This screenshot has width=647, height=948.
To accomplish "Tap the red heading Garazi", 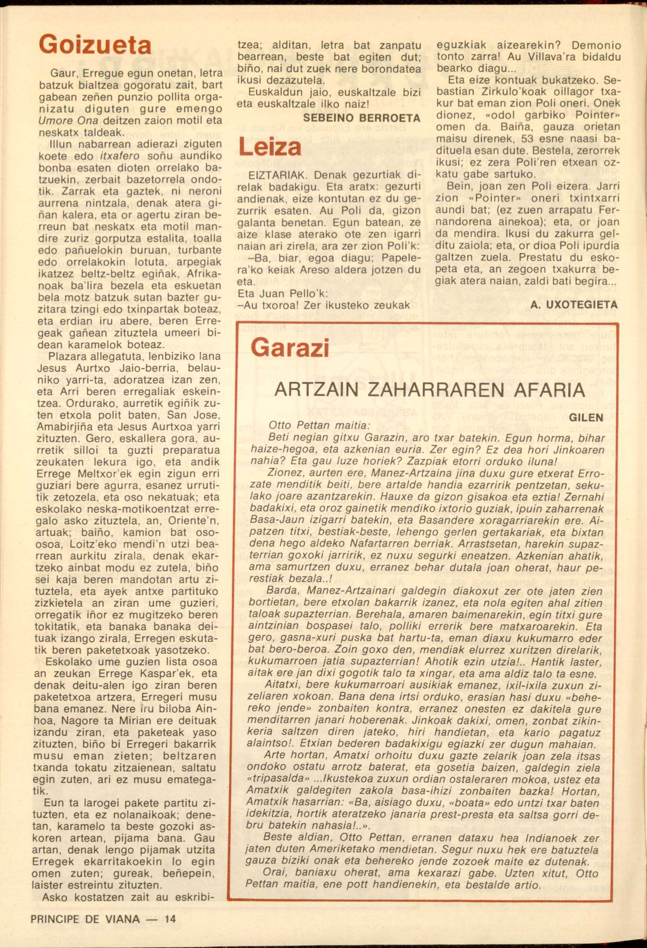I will [x=290, y=348].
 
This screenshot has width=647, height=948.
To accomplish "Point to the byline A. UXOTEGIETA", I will [x=574, y=304].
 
